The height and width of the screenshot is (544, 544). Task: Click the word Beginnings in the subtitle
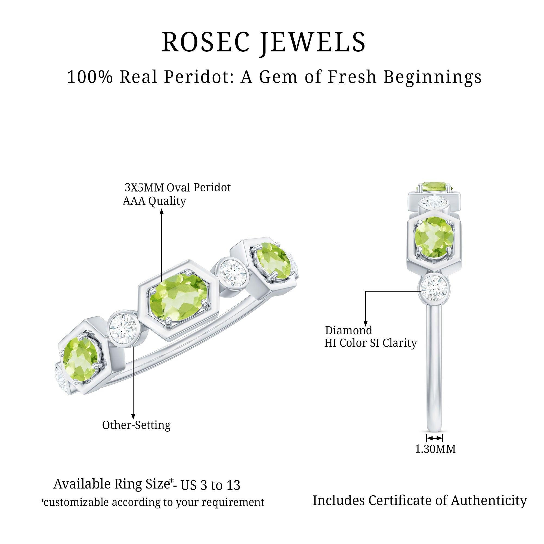click(432, 78)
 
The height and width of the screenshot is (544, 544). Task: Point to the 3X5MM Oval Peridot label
click(178, 187)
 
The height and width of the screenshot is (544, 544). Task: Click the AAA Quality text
click(154, 201)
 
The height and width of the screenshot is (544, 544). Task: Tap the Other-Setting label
click(136, 425)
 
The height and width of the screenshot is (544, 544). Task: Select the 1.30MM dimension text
click(435, 449)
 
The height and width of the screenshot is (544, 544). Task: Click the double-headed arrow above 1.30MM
click(434, 438)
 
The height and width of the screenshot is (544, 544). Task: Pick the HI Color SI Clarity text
click(370, 343)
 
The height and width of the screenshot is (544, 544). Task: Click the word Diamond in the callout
click(349, 330)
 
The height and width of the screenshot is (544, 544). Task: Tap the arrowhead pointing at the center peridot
click(162, 211)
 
